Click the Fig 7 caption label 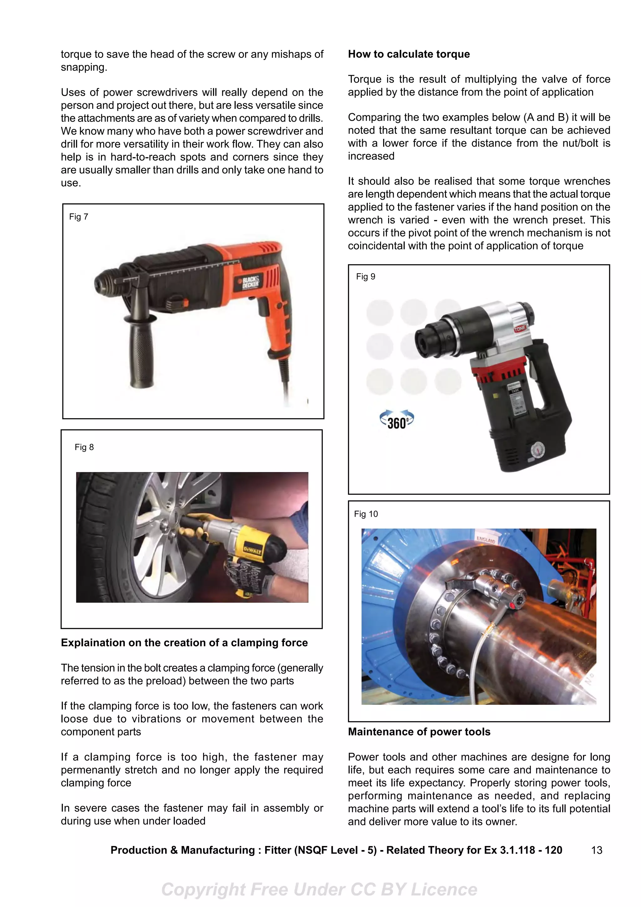pyautogui.click(x=79, y=217)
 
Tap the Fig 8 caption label pyautogui.click(x=84, y=447)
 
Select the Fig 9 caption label pyautogui.click(x=365, y=277)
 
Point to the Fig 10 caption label pyautogui.click(x=366, y=514)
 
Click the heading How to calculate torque pyautogui.click(x=409, y=54)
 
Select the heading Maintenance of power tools pyautogui.click(x=419, y=732)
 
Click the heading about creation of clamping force pyautogui.click(x=184, y=643)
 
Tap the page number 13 pyautogui.click(x=596, y=850)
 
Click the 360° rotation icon pyautogui.click(x=397, y=421)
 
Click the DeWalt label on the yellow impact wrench pyautogui.click(x=252, y=550)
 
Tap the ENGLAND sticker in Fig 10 pyautogui.click(x=486, y=540)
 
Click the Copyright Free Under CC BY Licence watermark pyautogui.click(x=319, y=889)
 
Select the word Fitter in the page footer pyautogui.click(x=278, y=850)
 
